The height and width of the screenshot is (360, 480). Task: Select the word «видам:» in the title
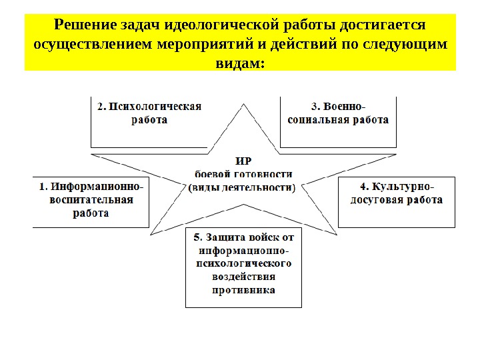pyautogui.click(x=240, y=63)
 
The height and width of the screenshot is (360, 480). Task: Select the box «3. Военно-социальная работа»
pyautogui.click(x=338, y=121)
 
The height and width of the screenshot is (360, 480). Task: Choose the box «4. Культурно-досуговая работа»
pyautogui.click(x=397, y=202)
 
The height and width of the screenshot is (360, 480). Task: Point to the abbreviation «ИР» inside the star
pyautogui.click(x=243, y=160)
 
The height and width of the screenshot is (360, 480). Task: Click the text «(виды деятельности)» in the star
pyautogui.click(x=243, y=187)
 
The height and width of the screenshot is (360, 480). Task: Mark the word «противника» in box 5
pyautogui.click(x=243, y=290)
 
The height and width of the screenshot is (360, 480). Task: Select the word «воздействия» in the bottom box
pyautogui.click(x=243, y=277)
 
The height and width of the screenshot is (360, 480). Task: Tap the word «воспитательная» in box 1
pyautogui.click(x=91, y=200)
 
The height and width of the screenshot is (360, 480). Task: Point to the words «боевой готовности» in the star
pyautogui.click(x=243, y=173)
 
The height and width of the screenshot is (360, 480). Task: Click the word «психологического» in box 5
pyautogui.click(x=243, y=263)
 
